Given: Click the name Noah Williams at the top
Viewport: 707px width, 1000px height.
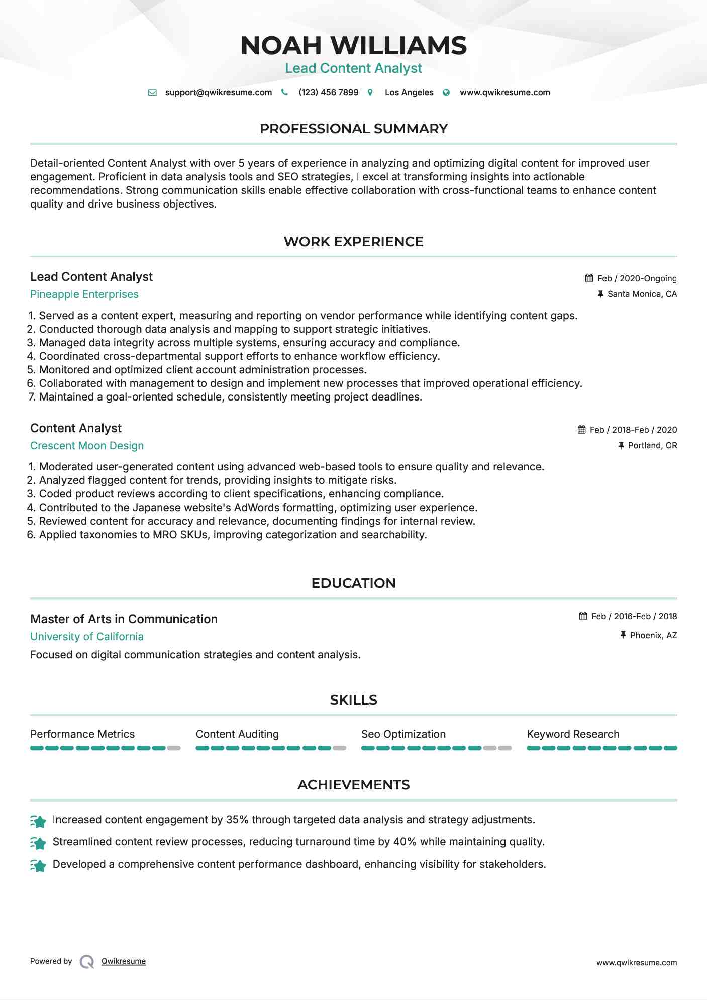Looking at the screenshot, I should [354, 46].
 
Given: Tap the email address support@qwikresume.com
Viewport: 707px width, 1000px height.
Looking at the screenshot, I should [218, 92].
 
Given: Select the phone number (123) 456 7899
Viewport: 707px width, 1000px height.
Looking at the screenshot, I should [328, 92].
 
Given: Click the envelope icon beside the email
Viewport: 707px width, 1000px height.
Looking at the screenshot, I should [152, 93].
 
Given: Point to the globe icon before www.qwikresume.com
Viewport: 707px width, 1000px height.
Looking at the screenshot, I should [446, 93].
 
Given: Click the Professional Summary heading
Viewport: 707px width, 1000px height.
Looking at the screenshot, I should [353, 129].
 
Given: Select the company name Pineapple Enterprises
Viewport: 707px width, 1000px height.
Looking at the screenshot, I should [84, 294].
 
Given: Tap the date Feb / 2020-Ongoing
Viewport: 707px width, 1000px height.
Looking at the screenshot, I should [637, 278].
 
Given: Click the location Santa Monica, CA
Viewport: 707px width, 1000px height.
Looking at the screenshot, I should [642, 294].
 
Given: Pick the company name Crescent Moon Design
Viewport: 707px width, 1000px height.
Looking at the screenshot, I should [87, 446].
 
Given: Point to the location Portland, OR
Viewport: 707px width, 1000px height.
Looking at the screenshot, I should [652, 445].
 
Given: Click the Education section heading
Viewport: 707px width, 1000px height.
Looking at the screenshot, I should [353, 583].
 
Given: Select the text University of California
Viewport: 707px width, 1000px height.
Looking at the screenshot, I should [87, 637].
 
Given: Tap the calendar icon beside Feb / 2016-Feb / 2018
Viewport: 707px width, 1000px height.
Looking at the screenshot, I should [583, 616].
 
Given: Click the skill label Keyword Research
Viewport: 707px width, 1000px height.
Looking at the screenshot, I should [573, 734].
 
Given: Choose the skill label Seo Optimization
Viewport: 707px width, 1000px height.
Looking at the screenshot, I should [403, 734].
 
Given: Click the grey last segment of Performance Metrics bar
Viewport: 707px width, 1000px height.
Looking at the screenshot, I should [174, 748].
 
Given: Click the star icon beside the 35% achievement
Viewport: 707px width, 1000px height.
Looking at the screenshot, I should [38, 821].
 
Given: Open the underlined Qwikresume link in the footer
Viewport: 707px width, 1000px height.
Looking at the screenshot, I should [124, 961].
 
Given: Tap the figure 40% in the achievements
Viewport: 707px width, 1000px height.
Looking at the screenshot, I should [405, 842].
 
